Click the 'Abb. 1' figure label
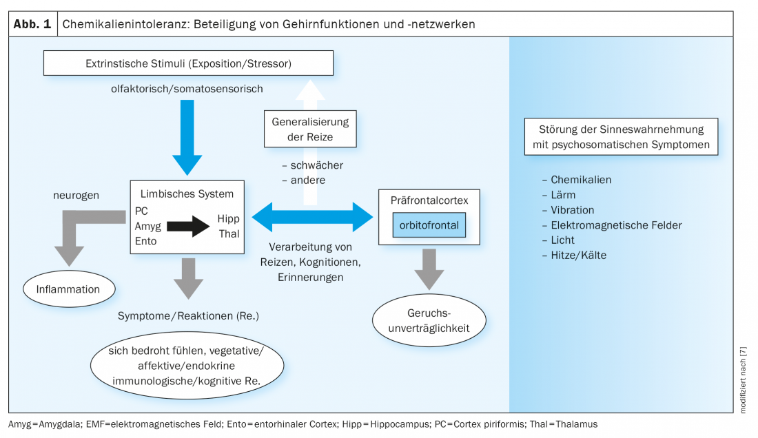point(32,23)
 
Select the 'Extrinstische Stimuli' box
point(188,63)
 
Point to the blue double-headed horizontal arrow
point(312,216)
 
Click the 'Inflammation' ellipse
point(69,289)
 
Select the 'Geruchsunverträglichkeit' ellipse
point(429,321)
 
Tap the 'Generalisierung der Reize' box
point(310,129)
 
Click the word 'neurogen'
point(76,196)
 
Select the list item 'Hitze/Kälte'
point(578,255)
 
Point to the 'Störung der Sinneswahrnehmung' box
point(620,136)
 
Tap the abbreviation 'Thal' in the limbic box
point(229,233)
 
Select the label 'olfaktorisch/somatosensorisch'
point(187,89)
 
